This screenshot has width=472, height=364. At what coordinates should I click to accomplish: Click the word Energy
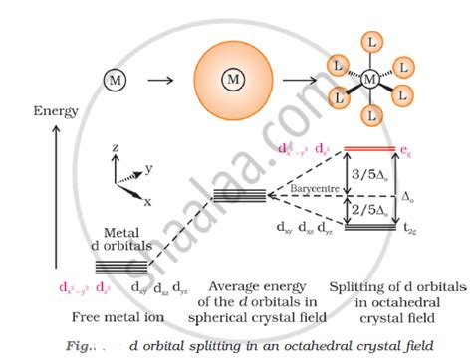[x=56, y=111]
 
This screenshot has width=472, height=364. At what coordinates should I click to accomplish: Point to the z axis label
[x=115, y=147]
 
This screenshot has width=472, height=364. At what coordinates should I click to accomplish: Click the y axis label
[x=148, y=169]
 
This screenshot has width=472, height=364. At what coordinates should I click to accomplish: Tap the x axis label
[x=147, y=201]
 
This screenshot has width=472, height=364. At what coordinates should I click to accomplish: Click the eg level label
[x=404, y=150]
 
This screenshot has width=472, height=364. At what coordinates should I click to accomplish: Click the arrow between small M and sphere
[x=159, y=78]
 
